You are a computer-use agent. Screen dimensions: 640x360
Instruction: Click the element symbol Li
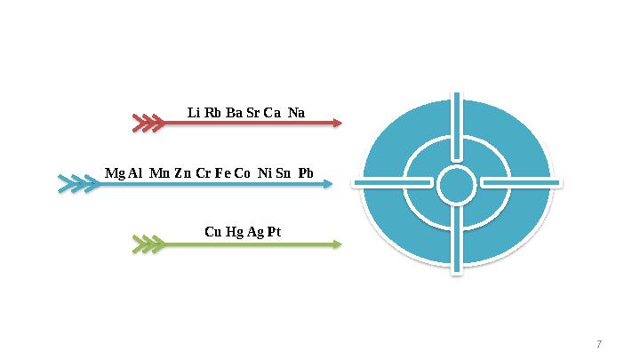pyautogui.click(x=194, y=112)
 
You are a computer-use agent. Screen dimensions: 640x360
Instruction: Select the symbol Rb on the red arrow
pyautogui.click(x=212, y=112)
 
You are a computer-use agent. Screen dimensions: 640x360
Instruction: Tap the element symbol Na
pyautogui.click(x=296, y=112)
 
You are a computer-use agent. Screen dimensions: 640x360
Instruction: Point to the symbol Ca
pyautogui.click(x=272, y=112)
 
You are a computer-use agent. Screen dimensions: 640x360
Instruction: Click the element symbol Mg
pyautogui.click(x=115, y=173)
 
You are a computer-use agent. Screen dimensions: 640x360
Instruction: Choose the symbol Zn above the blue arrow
pyautogui.click(x=183, y=173)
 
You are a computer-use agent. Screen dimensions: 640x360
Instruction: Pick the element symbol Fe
pyautogui.click(x=223, y=173)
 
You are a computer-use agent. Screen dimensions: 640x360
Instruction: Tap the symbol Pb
pyautogui.click(x=306, y=173)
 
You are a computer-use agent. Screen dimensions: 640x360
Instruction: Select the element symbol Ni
pyautogui.click(x=265, y=173)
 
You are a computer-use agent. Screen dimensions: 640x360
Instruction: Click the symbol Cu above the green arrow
pyautogui.click(x=213, y=232)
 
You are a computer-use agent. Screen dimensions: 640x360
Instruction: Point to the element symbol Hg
pyautogui.click(x=235, y=232)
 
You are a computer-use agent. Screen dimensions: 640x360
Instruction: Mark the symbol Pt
pyautogui.click(x=275, y=232)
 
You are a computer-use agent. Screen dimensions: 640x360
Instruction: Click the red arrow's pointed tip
pyautogui.click(x=341, y=123)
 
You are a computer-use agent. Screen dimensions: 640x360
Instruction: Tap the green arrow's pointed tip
pyautogui.click(x=341, y=244)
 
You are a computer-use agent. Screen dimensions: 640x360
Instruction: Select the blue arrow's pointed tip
pyautogui.click(x=332, y=184)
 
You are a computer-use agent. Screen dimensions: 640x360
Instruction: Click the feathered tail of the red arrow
pyautogui.click(x=148, y=123)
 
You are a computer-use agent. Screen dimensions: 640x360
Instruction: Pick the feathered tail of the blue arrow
pyautogui.click(x=79, y=184)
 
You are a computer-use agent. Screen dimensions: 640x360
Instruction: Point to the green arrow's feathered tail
pyautogui.click(x=149, y=244)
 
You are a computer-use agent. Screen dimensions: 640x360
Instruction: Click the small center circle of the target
pyautogui.click(x=457, y=185)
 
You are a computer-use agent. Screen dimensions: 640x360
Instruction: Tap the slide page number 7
pyautogui.click(x=599, y=344)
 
